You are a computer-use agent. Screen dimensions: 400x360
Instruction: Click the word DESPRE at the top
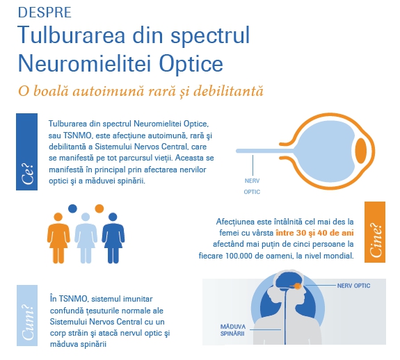45,13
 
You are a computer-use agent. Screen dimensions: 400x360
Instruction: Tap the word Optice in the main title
191,64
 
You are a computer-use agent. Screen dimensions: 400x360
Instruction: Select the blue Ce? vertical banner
27,152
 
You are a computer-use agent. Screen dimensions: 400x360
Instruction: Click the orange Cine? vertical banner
375,232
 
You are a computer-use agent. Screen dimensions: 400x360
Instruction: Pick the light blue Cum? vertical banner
27,316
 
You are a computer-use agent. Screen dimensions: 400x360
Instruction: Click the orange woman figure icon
58,238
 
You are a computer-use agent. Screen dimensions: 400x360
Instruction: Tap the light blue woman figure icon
86,238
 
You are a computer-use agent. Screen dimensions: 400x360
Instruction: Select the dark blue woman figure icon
113,238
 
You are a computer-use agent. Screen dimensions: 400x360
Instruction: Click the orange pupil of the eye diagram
361,151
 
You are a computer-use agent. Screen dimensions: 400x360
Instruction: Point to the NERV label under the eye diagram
252,181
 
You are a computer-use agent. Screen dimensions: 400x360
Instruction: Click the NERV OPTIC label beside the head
353,286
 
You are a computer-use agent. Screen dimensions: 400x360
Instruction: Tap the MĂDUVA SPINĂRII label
233,330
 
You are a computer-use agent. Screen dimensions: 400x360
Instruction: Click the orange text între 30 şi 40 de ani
315,233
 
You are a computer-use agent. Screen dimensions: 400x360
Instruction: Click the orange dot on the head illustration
298,286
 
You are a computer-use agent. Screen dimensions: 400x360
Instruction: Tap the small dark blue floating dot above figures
72,208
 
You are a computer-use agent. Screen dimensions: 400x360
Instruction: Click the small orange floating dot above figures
99,208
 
